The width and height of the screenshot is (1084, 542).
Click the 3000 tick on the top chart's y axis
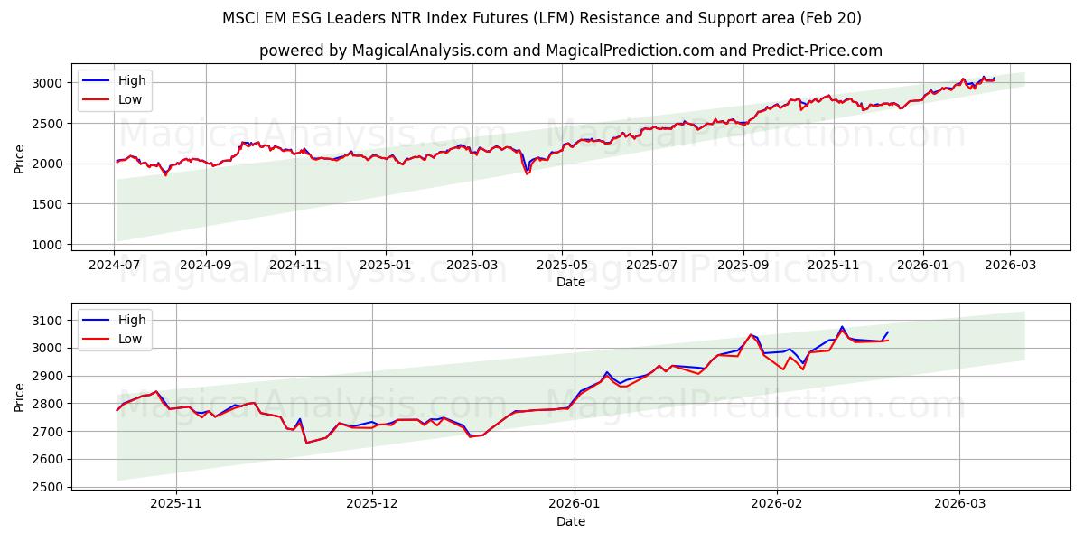[x=45, y=83]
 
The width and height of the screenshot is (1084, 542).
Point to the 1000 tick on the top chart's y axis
[x=45, y=245]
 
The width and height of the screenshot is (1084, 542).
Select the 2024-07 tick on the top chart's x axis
[x=115, y=265]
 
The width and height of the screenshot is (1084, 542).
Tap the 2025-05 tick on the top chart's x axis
[x=562, y=265]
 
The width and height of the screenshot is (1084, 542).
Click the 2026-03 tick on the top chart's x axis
[x=1010, y=265]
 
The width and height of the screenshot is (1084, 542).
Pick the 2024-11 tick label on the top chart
[x=295, y=265]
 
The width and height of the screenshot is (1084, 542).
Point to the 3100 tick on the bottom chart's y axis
[x=45, y=321]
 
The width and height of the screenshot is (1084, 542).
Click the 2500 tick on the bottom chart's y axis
[x=45, y=487]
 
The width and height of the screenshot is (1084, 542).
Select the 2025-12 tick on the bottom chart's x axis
[x=372, y=503]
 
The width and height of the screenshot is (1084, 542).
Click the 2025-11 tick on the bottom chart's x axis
[x=176, y=503]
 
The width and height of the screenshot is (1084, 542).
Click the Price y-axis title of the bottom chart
[x=20, y=397]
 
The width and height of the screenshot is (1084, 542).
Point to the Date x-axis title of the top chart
[x=571, y=283]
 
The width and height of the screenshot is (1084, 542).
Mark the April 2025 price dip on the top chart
[x=528, y=173]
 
